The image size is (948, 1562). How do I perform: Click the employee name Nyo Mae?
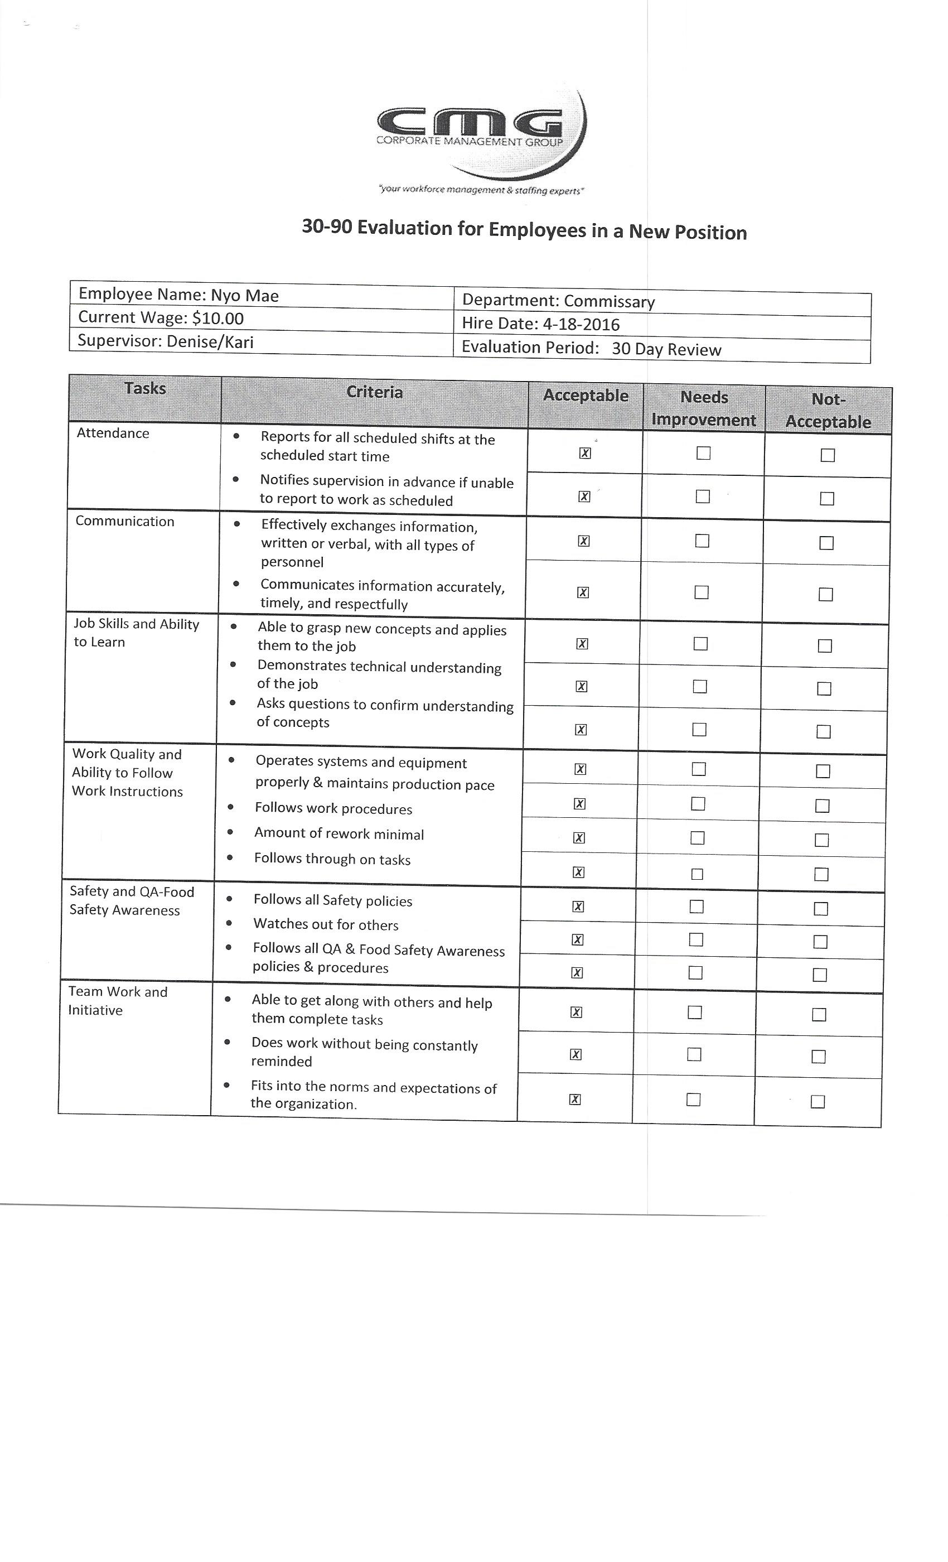tap(245, 296)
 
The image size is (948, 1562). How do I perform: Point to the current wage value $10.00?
tap(218, 318)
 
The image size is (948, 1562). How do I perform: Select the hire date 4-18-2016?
tap(581, 325)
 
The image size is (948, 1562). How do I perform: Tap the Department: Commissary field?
tap(558, 301)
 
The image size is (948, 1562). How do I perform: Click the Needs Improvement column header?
tap(703, 409)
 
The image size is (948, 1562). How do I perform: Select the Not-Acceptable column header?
tap(828, 411)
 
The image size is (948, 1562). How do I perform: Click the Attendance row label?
tap(113, 433)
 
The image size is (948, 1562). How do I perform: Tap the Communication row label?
tap(125, 522)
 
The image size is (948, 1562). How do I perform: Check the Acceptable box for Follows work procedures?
tap(579, 804)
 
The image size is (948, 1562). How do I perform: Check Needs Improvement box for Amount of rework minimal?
tap(697, 838)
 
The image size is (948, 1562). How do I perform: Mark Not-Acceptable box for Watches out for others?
tap(820, 942)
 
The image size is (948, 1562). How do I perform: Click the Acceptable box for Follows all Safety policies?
tap(578, 907)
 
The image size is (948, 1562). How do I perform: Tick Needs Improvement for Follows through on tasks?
tap(697, 874)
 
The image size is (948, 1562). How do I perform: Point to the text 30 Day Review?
tap(666, 350)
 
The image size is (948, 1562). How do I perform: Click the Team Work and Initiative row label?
tap(117, 1001)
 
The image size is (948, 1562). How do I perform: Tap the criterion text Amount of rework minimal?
tap(339, 834)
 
